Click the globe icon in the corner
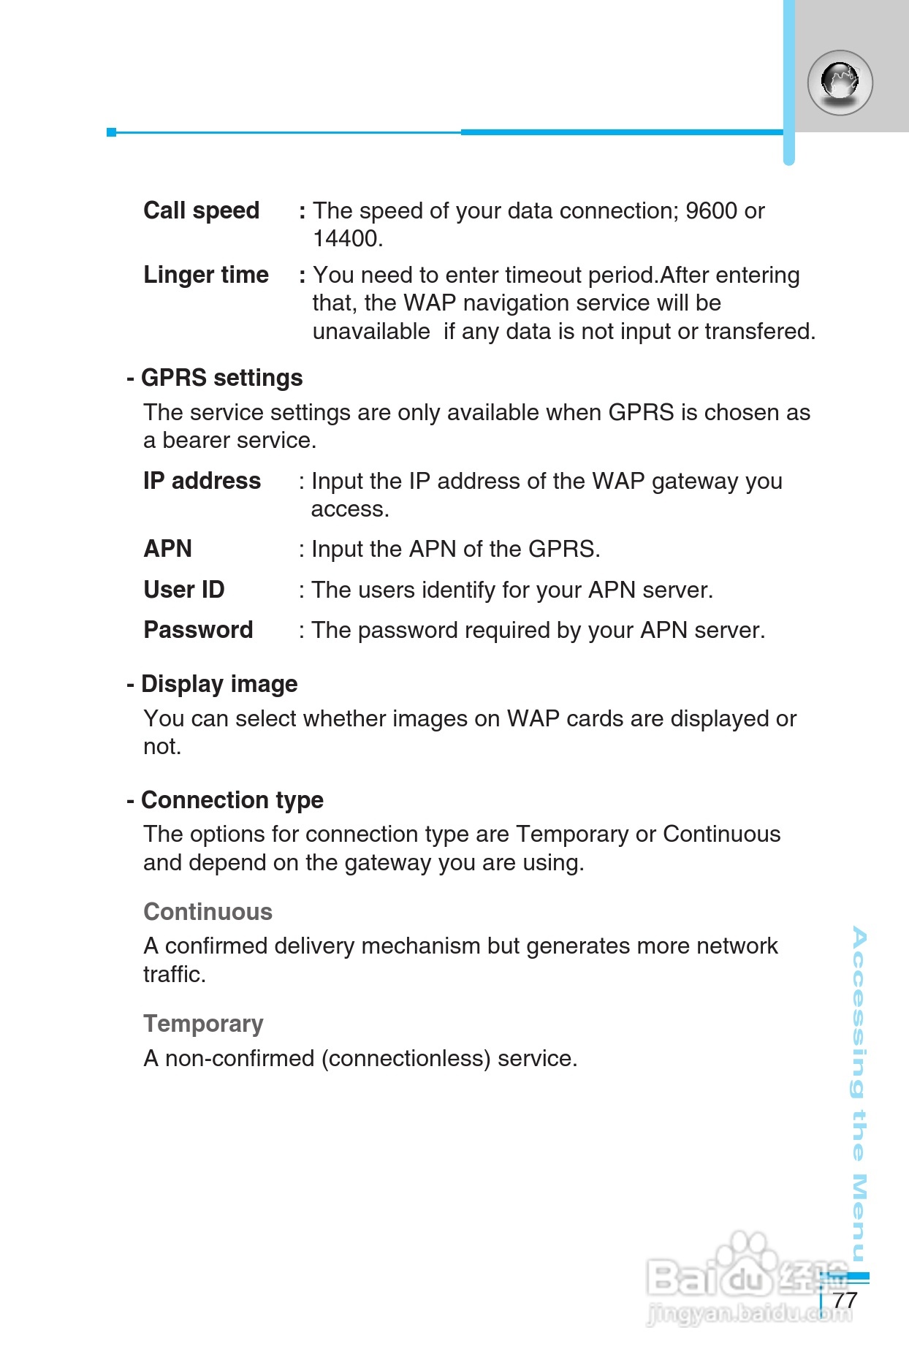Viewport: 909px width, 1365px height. [840, 83]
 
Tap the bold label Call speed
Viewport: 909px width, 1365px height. [201, 210]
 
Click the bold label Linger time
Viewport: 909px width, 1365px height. [206, 275]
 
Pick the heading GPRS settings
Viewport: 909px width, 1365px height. [221, 378]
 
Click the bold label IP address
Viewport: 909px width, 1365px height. [202, 481]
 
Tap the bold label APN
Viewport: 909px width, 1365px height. [167, 549]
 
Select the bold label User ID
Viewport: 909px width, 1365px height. [183, 590]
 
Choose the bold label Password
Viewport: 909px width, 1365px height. [198, 630]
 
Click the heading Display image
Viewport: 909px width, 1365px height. [219, 684]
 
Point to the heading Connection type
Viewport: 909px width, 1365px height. [232, 800]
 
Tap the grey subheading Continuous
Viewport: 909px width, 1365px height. [208, 912]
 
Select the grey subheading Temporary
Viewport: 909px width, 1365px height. [203, 1024]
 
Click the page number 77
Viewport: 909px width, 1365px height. [845, 1300]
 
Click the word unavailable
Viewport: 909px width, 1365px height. [371, 332]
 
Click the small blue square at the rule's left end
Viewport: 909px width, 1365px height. [111, 132]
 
